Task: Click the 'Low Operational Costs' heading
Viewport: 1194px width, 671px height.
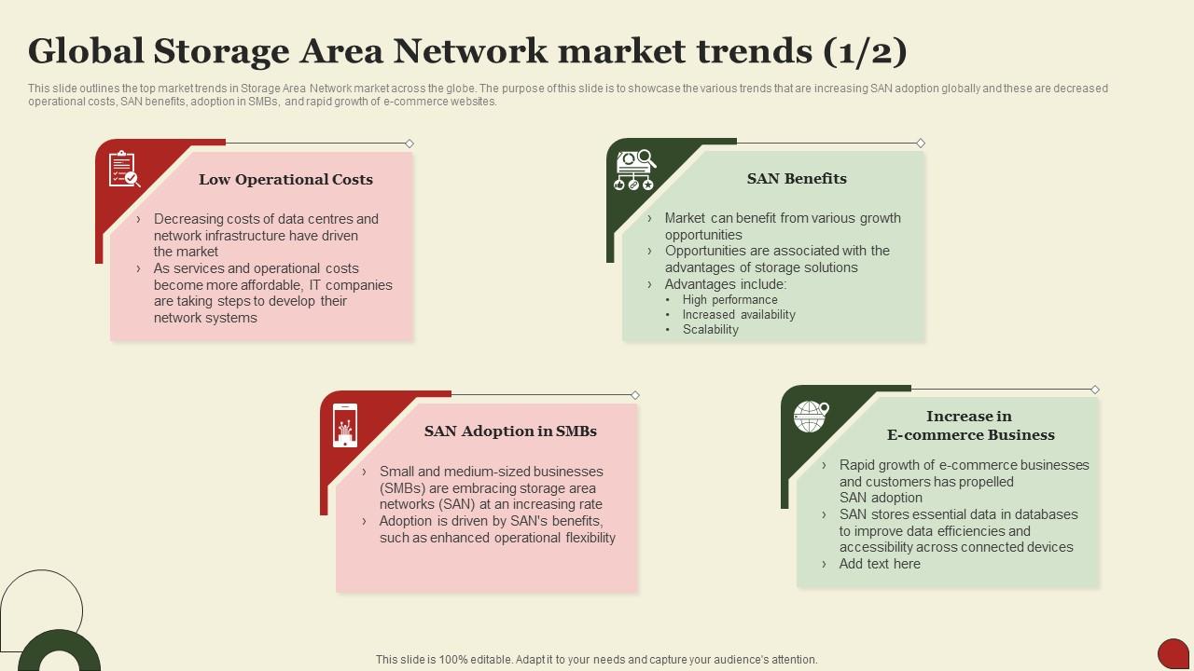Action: pyautogui.click(x=285, y=180)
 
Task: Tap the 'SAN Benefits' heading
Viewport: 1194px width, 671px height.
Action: pyautogui.click(x=797, y=179)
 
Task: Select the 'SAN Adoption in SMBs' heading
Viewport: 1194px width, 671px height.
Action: pyautogui.click(x=510, y=431)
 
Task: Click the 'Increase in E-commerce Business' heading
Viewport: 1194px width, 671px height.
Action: pyautogui.click(x=970, y=426)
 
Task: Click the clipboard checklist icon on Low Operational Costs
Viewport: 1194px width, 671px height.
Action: pyautogui.click(x=124, y=170)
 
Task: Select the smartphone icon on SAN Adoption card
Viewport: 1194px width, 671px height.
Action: pyautogui.click(x=345, y=425)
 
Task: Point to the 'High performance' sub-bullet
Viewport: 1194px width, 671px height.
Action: pyautogui.click(x=729, y=300)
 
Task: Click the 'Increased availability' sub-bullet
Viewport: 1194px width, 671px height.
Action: pyautogui.click(x=739, y=315)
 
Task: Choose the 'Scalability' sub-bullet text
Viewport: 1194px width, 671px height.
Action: pyautogui.click(x=710, y=330)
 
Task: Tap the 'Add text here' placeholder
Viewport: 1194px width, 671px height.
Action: pyautogui.click(x=880, y=564)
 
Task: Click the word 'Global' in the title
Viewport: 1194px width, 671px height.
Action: pyautogui.click(x=84, y=51)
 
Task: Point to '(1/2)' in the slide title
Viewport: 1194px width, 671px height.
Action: pyautogui.click(x=865, y=51)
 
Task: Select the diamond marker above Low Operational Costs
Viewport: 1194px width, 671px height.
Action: pyautogui.click(x=410, y=144)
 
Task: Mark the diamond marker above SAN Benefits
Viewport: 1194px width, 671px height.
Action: pyautogui.click(x=921, y=144)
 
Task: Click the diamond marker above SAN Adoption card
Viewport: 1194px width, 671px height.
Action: pyautogui.click(x=635, y=395)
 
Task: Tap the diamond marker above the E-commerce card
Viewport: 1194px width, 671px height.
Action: pyautogui.click(x=1095, y=390)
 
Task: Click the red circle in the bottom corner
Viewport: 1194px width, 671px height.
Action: pyautogui.click(x=1173, y=653)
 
